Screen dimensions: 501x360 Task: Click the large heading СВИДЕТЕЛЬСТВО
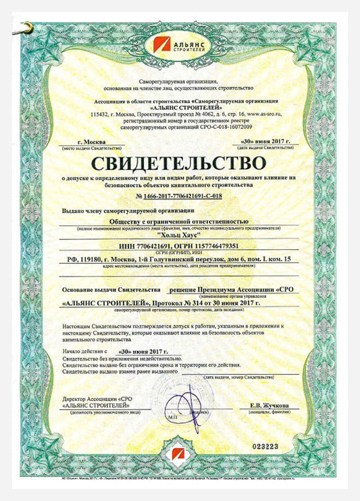pos(179,163)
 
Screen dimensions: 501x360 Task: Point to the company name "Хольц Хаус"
pos(179,234)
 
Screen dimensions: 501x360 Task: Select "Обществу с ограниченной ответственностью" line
pos(179,220)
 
